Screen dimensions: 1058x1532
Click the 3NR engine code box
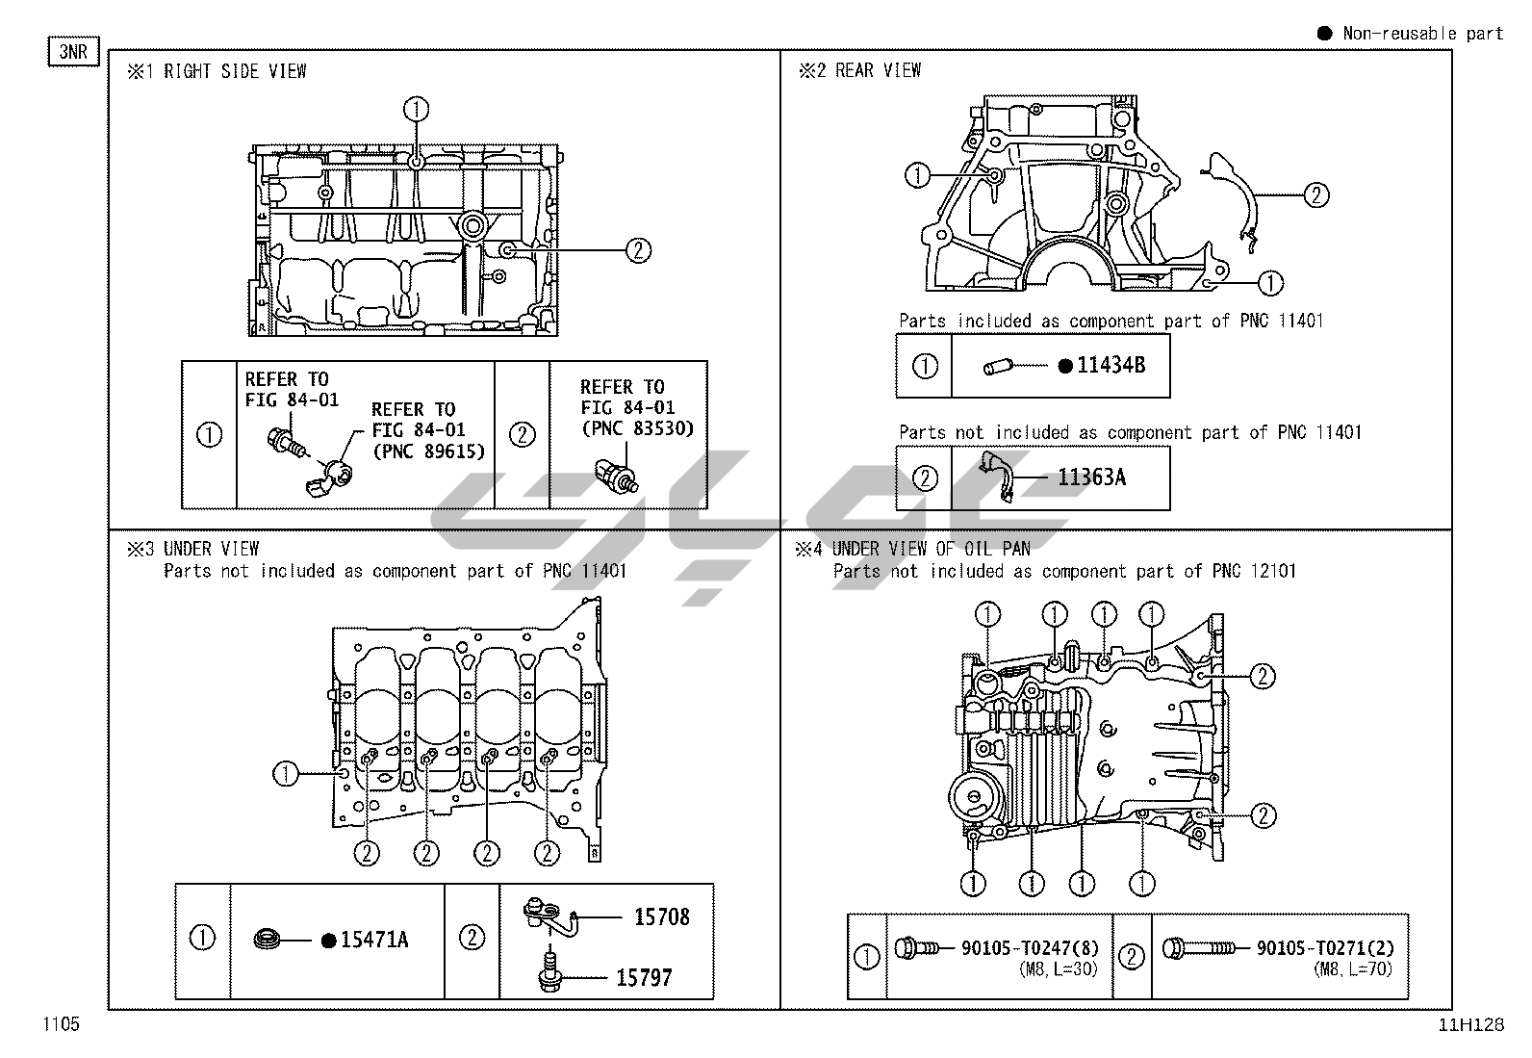(73, 51)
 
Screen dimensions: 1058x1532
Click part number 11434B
(1111, 366)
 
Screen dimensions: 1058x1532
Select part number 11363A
(1091, 477)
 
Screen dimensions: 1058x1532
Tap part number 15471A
(374, 940)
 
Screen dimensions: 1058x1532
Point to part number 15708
(661, 917)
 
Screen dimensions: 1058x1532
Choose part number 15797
(644, 978)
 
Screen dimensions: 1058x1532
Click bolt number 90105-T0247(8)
(1030, 948)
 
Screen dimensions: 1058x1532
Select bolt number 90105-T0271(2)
(1324, 948)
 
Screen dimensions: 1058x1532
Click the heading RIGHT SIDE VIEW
(235, 71)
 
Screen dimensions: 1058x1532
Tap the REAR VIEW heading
(878, 70)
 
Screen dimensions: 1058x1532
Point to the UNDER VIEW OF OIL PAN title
(931, 549)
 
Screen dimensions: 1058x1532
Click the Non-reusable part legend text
(1422, 34)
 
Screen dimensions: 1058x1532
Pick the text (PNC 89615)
(428, 451)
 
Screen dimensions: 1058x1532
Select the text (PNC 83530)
(637, 428)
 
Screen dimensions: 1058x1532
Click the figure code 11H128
(1470, 1025)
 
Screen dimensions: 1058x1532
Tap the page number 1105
(60, 1024)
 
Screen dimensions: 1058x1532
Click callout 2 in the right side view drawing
(638, 250)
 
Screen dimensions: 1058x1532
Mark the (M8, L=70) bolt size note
(1353, 969)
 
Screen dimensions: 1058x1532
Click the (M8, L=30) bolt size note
(1058, 969)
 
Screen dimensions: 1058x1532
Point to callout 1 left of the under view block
(286, 773)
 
